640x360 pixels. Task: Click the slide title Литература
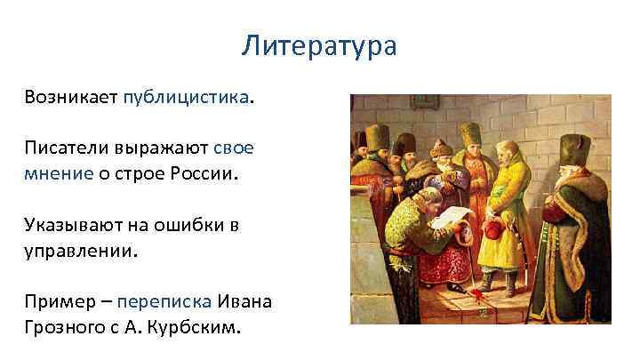click(319, 45)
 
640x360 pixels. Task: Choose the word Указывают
click(73, 225)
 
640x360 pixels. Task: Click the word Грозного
click(64, 327)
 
